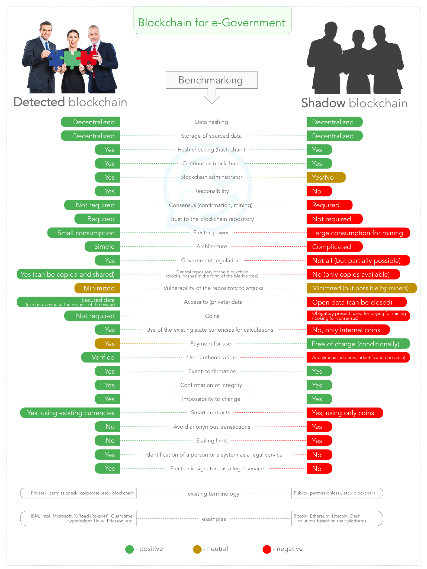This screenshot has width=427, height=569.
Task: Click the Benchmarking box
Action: [211, 80]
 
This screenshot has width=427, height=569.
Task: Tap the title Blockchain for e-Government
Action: [211, 22]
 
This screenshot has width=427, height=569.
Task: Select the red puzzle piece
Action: [88, 58]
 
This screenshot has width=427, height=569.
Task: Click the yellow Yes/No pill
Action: [326, 177]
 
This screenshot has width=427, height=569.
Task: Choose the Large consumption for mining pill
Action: [358, 233]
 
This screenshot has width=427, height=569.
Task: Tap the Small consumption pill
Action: [84, 233]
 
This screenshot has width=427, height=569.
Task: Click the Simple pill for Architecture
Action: [103, 247]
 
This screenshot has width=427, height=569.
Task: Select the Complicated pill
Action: [334, 247]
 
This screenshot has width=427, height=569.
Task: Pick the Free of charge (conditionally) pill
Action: [358, 344]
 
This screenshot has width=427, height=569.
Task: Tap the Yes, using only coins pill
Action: [344, 413]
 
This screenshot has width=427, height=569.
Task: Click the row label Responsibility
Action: [211, 191]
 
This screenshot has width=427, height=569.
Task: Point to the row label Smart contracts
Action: [210, 413]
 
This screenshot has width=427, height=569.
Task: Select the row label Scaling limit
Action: [211, 441]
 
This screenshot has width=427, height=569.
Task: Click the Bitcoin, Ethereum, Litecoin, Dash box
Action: [336, 518]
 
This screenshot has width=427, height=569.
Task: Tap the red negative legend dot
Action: [267, 549]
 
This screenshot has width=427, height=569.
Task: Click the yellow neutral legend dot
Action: [197, 549]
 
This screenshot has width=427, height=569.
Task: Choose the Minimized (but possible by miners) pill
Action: [361, 288]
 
